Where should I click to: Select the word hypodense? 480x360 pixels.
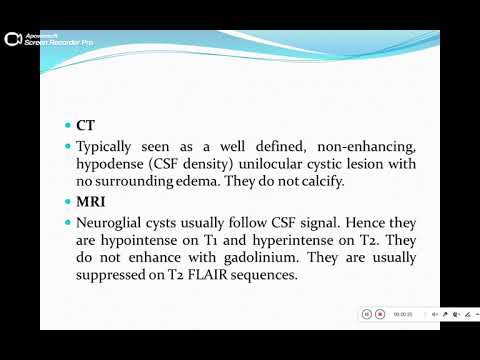108,166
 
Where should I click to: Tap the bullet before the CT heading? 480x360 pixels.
67,128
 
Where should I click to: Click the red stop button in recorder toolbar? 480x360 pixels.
381,314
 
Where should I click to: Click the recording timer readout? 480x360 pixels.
403,314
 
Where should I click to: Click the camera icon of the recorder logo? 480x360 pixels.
13,39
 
